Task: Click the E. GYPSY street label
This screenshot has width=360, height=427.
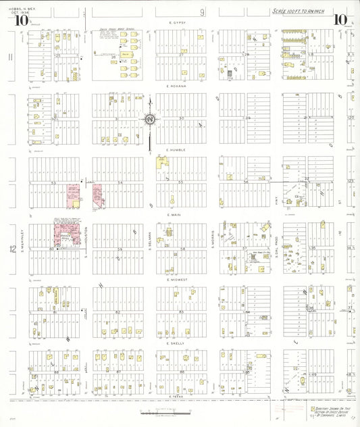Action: click(179, 22)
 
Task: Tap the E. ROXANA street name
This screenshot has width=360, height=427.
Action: click(179, 86)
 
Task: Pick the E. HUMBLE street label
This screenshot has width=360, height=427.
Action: click(179, 150)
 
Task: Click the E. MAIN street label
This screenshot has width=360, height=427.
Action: click(179, 214)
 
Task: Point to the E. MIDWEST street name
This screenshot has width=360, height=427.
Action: click(179, 278)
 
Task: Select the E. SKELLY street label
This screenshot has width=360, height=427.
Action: click(179, 343)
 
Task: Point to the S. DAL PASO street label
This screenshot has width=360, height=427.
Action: click(277, 240)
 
